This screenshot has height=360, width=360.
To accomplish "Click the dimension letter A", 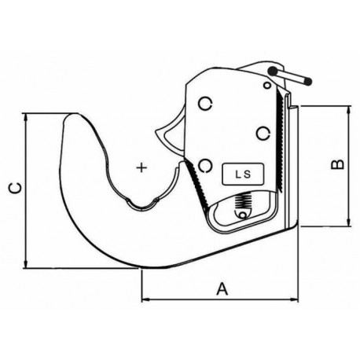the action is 222,288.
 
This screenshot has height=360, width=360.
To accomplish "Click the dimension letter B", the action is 338,164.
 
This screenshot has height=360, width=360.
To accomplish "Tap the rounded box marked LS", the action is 243,174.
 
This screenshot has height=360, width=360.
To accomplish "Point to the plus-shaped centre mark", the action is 141,167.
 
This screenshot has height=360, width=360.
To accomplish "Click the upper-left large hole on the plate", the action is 205,104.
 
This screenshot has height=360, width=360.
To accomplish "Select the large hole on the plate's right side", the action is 263,134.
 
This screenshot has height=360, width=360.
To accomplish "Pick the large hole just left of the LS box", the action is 205,166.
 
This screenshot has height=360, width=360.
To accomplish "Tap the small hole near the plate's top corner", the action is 267,85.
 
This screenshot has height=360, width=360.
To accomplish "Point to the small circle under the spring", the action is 243,215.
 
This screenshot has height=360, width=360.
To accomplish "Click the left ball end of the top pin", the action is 273,71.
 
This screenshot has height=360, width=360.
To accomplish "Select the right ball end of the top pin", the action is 307,81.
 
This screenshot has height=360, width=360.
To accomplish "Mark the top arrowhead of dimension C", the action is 25,117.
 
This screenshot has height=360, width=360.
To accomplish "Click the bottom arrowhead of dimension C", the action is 25,264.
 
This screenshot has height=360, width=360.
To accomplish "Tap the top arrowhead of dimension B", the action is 348,110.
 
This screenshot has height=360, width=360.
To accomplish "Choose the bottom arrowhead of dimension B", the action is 348,222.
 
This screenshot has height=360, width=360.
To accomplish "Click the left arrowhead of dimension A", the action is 145,299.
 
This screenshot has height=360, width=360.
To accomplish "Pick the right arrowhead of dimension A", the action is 294,299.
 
